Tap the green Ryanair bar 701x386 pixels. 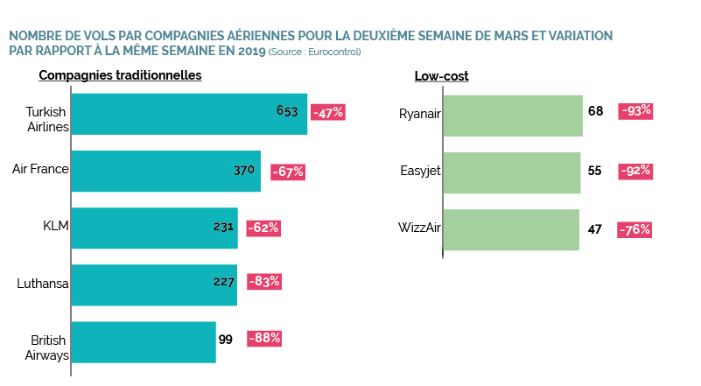pos(513,116)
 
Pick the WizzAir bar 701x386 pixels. pos(511,229)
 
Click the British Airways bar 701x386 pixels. pos(144,342)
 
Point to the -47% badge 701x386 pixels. pos(329,112)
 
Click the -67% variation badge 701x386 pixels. pos(288,172)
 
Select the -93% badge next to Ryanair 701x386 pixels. pos(636,111)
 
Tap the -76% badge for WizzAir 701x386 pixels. pos(634,229)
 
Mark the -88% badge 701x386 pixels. pos(264,338)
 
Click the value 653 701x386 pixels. pos(287,111)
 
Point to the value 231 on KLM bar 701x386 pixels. pos(223,227)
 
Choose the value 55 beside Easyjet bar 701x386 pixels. pos(594,171)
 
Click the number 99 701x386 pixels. pos(226,339)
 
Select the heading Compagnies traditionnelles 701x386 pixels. pos(120,75)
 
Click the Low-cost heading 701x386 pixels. pos(441,76)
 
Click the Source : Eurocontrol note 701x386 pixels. pos(315,52)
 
